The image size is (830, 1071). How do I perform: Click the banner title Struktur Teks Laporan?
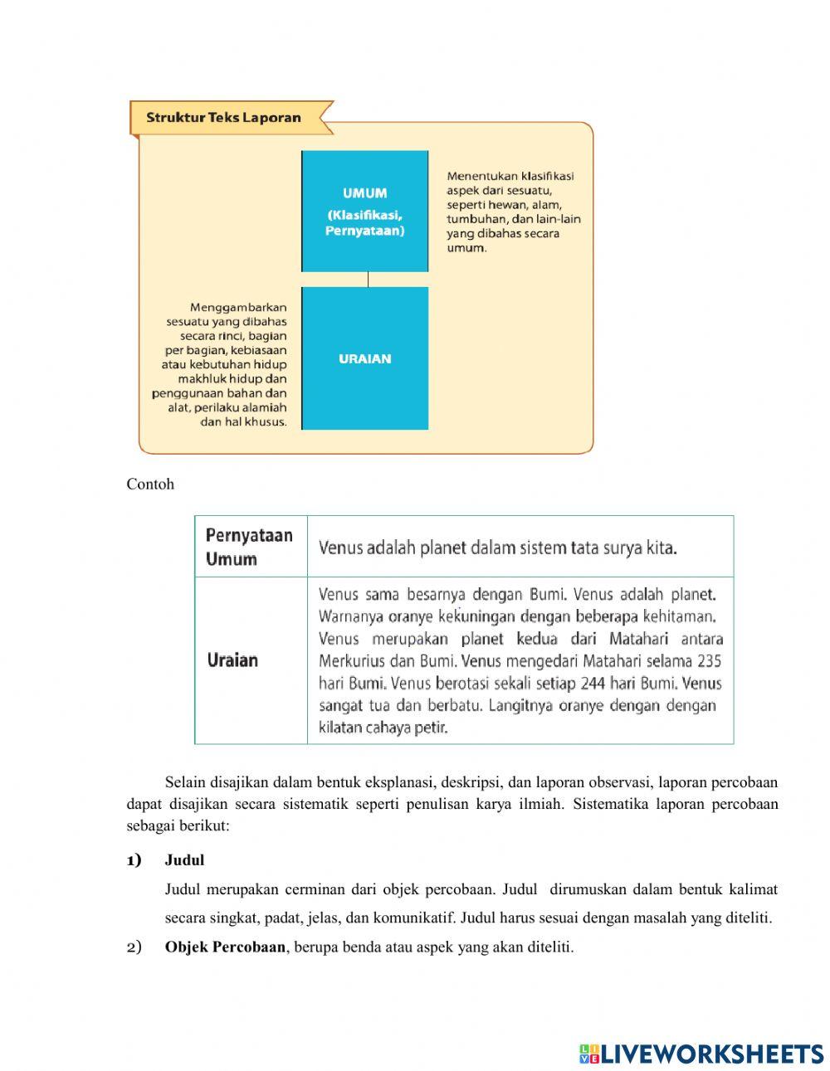tap(223, 117)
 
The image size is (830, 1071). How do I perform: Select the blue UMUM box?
tap(364, 211)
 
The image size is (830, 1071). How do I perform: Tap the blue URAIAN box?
tap(364, 358)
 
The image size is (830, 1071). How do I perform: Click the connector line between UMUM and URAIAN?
tap(368, 280)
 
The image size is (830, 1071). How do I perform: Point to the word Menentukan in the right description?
tap(482, 176)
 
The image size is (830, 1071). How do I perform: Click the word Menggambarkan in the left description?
tap(238, 307)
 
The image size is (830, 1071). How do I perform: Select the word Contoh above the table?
tap(150, 484)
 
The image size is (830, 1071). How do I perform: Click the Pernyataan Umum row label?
tap(249, 547)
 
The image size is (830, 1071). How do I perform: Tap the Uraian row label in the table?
tap(232, 660)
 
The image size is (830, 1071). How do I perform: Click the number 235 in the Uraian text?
tap(709, 661)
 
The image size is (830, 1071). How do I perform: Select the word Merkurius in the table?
tap(350, 661)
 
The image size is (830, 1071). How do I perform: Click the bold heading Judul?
tap(184, 860)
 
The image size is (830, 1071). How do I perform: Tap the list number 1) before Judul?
tap(134, 860)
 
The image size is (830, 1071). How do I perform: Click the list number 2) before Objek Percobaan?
tap(134, 947)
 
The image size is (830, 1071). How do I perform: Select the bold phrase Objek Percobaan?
tap(225, 947)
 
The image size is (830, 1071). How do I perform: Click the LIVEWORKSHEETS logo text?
tap(712, 1054)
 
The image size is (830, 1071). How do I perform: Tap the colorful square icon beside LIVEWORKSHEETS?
tap(588, 1054)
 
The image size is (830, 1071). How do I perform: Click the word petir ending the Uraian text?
tap(432, 728)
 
